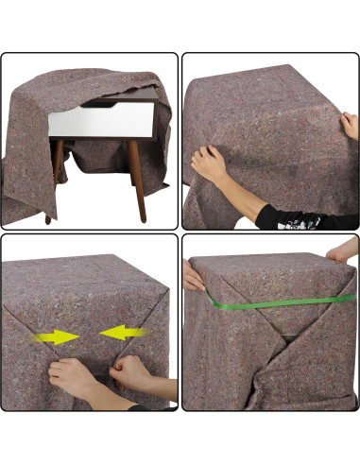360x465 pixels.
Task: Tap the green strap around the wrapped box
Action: pos(274,302)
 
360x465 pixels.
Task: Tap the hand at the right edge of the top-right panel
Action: pos(348,123)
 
